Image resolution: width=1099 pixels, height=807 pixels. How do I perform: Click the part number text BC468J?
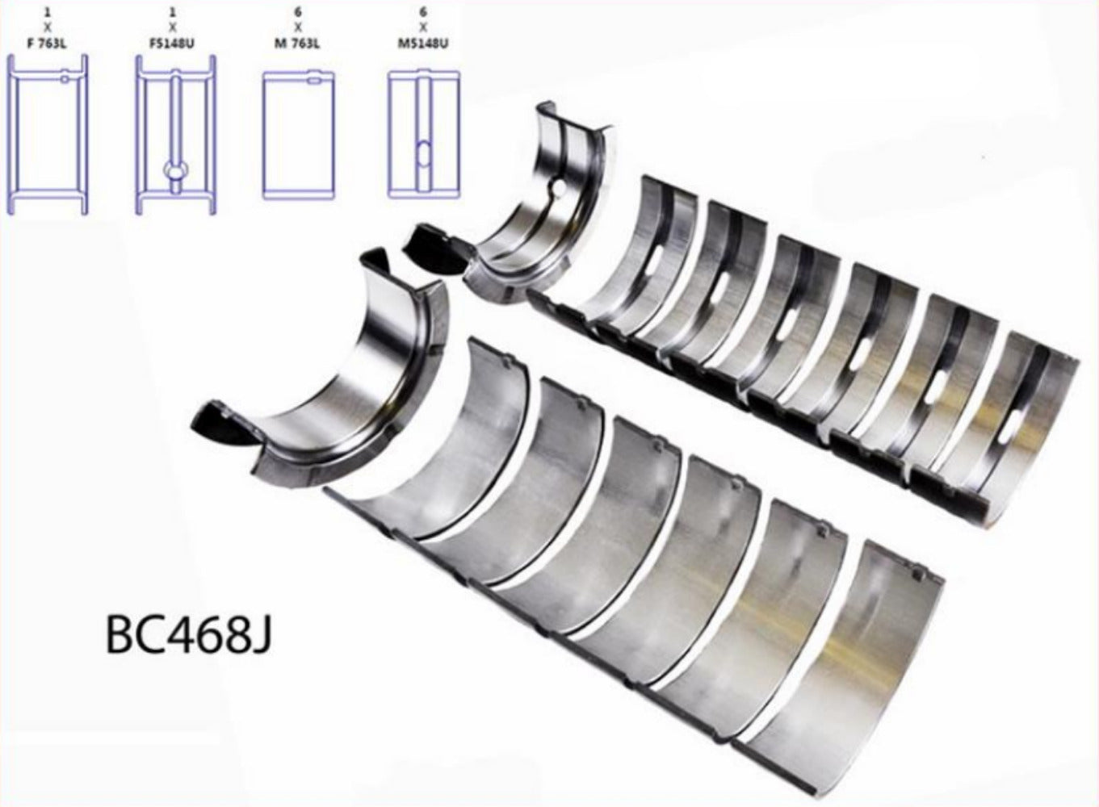(187, 636)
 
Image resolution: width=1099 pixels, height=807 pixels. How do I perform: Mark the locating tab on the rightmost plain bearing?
(917, 575)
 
